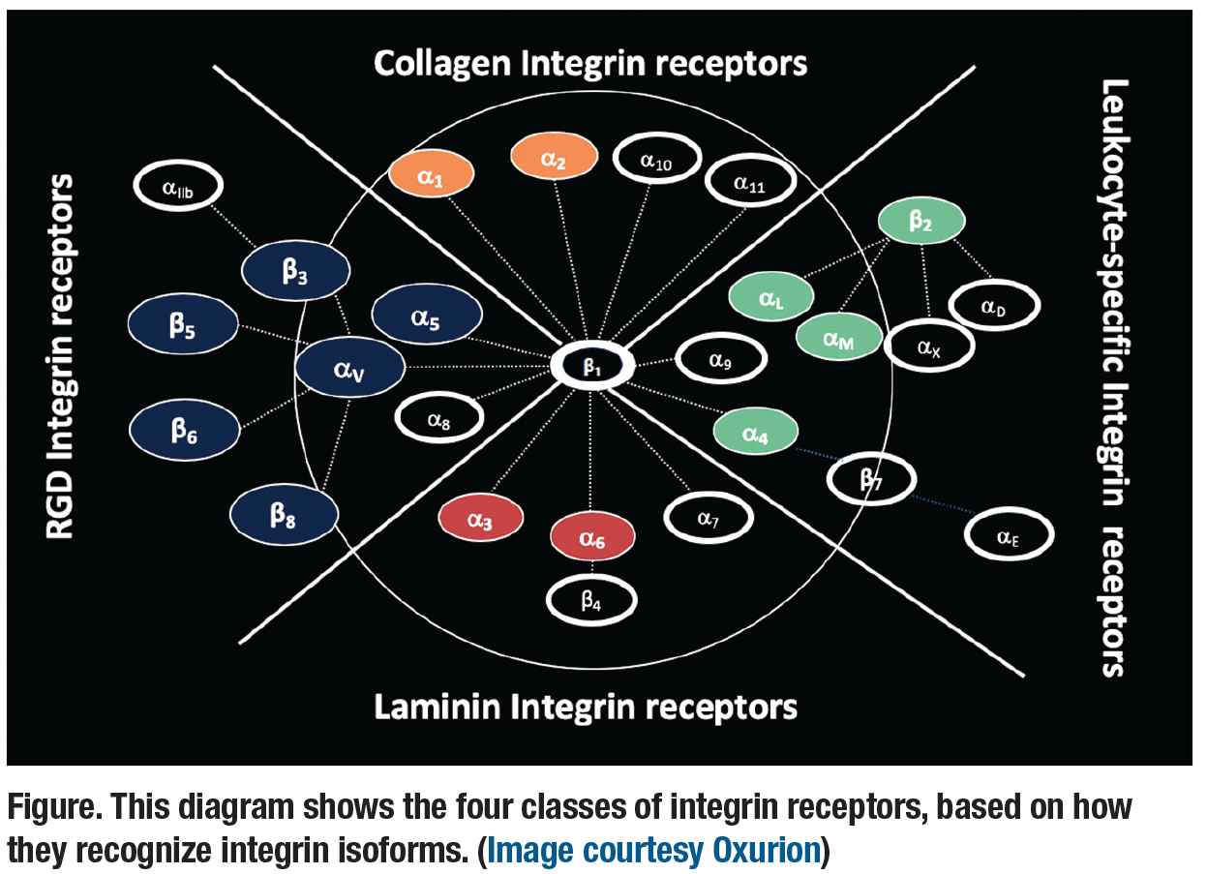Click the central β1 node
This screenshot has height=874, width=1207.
point(591,366)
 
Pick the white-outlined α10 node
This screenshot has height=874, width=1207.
point(656,162)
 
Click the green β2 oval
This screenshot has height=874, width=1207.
point(920,222)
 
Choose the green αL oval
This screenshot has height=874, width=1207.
point(771,296)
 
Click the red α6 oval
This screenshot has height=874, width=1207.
point(591,537)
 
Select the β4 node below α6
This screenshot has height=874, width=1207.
point(591,599)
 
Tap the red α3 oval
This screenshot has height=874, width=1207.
point(480,520)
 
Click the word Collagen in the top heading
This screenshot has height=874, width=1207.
point(442,64)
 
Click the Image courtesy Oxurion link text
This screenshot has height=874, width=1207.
point(653,850)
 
